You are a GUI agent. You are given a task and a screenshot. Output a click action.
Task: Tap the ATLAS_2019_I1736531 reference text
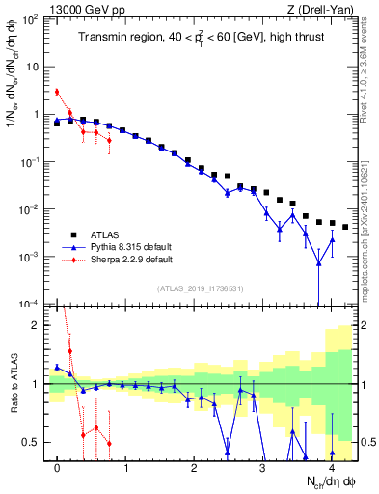[x=200, y=288]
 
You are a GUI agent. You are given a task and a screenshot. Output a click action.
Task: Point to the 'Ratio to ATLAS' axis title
[x=12, y=383]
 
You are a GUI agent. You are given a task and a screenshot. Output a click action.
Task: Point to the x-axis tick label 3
[x=262, y=468]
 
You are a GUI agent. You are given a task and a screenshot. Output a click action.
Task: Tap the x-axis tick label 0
[x=58, y=468]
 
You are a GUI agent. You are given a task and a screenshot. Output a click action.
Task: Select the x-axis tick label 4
[x=331, y=468]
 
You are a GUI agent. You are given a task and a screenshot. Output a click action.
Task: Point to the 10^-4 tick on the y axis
[x=29, y=304]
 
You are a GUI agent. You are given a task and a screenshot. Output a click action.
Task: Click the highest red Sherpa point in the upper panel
[x=57, y=92]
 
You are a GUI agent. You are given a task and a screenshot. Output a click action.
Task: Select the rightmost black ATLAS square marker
[x=345, y=227]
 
